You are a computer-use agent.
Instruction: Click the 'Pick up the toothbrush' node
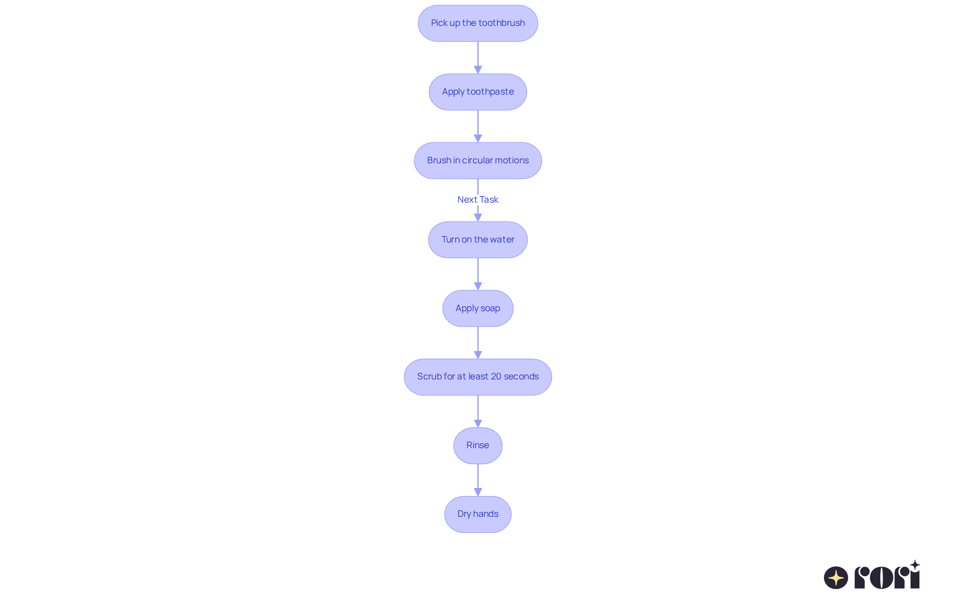coord(478,23)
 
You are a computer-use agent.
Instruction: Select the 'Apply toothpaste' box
coord(478,92)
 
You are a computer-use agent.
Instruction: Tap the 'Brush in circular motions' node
coord(478,161)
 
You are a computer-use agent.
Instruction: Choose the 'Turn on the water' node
coord(478,240)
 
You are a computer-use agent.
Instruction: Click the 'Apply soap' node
coord(478,308)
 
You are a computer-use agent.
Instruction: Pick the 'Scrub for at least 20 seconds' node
coord(478,377)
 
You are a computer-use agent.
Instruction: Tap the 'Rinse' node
coord(478,446)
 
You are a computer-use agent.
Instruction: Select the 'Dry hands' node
coord(478,514)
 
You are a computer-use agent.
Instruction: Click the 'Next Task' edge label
coord(478,200)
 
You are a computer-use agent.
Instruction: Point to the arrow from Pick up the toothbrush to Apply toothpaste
coord(478,58)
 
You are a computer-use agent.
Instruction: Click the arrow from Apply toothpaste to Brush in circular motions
coord(478,126)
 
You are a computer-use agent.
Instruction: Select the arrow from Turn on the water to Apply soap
coord(478,274)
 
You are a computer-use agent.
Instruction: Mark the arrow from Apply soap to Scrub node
coord(478,343)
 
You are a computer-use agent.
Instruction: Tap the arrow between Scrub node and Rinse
coord(478,411)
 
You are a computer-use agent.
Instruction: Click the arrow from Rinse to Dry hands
coord(478,480)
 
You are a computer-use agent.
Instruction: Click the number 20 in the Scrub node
coord(496,376)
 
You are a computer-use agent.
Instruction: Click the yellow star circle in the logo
coord(836,578)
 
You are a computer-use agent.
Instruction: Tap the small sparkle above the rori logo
coord(915,565)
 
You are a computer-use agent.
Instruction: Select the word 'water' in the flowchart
coord(502,240)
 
